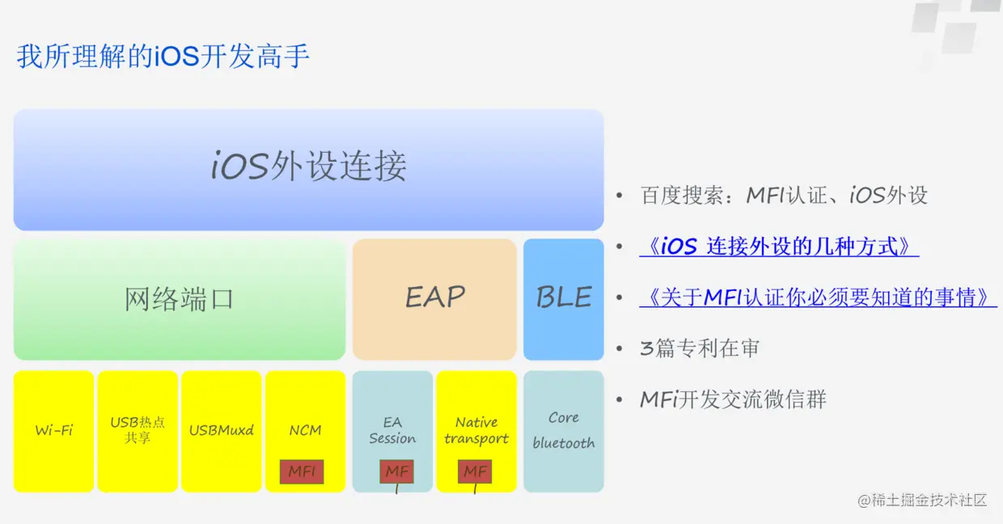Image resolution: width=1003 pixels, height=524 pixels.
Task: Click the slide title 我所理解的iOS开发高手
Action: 163,57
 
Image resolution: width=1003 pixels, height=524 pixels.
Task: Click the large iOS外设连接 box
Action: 308,168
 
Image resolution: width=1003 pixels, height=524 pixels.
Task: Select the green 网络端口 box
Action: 180,299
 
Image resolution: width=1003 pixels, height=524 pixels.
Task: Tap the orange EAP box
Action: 434,298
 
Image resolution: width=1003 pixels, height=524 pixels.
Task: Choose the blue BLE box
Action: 563,298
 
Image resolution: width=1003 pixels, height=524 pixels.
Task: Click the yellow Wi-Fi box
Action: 53,430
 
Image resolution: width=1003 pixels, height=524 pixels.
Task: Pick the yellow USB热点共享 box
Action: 138,430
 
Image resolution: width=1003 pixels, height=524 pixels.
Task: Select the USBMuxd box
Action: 221,430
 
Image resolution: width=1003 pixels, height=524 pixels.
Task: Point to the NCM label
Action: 305,430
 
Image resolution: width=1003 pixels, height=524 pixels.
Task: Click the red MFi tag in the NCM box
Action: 302,471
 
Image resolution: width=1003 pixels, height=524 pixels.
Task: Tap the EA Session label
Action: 392,430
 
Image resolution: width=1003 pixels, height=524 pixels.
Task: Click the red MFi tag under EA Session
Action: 396,471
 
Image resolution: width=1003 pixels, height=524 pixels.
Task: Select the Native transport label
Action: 476,430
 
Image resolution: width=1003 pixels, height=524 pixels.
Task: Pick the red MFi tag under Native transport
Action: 475,471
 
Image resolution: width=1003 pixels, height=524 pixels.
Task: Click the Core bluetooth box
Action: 563,430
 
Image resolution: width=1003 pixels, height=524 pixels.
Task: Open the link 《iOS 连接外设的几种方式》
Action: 779,247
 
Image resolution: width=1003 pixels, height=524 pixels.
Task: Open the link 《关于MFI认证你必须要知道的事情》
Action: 818,298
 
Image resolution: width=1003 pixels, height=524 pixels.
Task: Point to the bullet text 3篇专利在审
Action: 700,349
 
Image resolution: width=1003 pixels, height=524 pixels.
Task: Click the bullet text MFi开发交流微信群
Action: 733,399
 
